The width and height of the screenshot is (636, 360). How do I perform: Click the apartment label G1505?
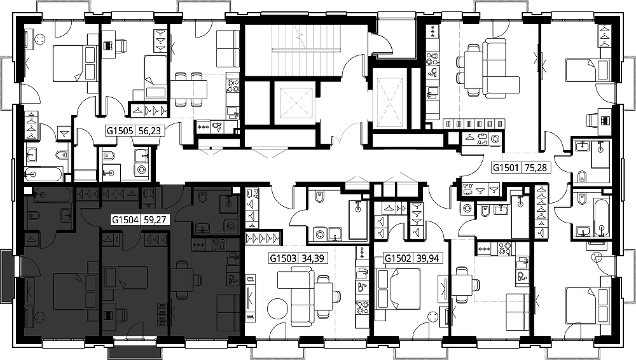(x=120, y=130)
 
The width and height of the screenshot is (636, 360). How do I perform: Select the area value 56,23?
(x=149, y=130)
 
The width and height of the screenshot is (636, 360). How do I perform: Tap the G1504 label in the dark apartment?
(x=125, y=220)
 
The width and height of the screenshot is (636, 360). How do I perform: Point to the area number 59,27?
(x=155, y=220)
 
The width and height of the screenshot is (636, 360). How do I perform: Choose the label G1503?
(x=284, y=258)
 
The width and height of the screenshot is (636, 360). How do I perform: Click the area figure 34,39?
(x=313, y=258)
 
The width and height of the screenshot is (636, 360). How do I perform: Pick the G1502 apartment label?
(x=398, y=258)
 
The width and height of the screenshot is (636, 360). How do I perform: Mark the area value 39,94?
(x=427, y=258)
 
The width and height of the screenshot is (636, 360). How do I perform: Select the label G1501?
(x=506, y=167)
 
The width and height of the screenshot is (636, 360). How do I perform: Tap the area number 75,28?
(x=536, y=167)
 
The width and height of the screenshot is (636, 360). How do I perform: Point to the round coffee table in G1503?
(x=278, y=309)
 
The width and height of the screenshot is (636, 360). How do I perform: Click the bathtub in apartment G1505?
(x=43, y=174)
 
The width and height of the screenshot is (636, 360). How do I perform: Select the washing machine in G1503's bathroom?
(x=320, y=234)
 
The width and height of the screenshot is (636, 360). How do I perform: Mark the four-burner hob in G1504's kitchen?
(x=219, y=245)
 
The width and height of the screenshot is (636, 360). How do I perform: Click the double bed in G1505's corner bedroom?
(x=73, y=62)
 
